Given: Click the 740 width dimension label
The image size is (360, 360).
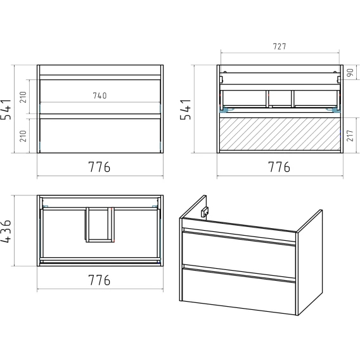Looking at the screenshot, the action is point(100,96).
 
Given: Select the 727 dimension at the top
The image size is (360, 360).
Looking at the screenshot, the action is point(280,46).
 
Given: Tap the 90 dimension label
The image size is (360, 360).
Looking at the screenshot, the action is point(350,73).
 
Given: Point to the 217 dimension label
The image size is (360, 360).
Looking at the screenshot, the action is point(350,136).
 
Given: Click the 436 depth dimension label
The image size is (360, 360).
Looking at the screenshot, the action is point(6,231).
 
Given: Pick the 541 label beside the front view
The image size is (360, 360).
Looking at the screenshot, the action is point(6,110).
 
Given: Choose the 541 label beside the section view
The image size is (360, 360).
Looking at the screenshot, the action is point(186,110).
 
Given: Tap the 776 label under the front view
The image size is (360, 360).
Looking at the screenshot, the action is point(100,167).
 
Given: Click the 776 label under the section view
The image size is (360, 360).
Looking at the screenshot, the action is point(279,167).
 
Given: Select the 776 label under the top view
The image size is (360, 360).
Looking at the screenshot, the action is point(100,280).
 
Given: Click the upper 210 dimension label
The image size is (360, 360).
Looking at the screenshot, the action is point(23,97).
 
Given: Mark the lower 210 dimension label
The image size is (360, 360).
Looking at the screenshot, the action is point(23,136).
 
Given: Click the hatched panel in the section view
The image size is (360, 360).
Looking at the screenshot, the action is point(280,134).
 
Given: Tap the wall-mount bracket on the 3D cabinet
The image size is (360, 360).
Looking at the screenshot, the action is point(205,212).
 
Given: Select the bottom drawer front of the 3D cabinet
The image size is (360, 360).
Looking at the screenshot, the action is point(239,291).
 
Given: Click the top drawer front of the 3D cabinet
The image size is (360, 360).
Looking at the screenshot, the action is point(239,255).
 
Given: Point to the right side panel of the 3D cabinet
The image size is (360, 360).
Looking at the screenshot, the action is point(309,262).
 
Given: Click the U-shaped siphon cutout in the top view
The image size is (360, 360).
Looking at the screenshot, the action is point(100,225).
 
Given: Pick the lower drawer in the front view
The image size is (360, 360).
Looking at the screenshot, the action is point(100,136).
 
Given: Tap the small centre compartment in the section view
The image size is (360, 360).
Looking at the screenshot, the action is point(280,98).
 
